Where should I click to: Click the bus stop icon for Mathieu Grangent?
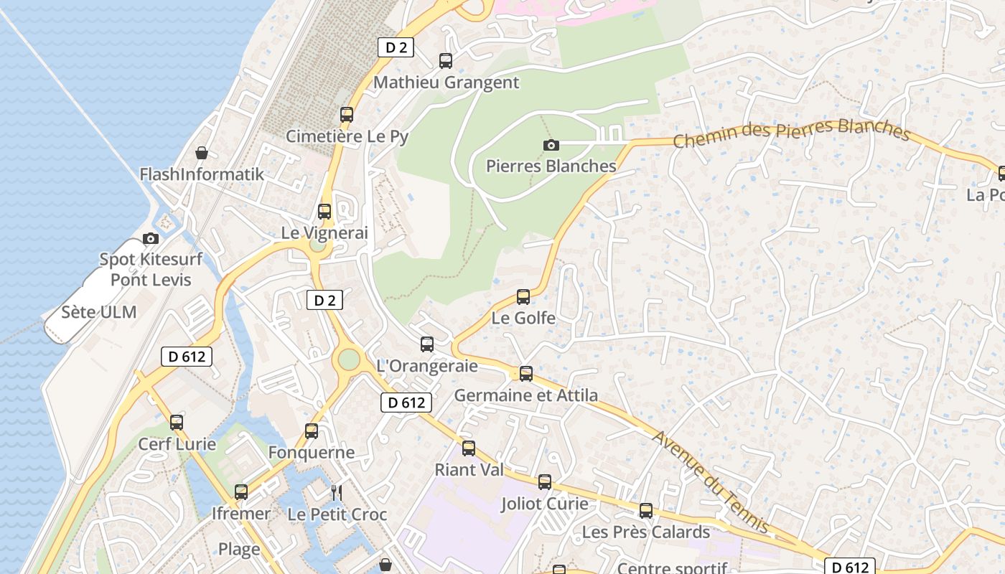(446, 61)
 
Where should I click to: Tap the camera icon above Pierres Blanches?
(551, 146)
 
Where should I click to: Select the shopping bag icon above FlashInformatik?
(202, 153)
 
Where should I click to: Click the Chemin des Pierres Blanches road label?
(791, 133)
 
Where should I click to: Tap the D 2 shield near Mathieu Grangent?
(396, 47)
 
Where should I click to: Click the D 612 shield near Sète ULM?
(187, 356)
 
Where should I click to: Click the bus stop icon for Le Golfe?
(523, 296)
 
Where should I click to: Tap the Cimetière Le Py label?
(347, 136)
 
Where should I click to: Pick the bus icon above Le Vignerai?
(324, 212)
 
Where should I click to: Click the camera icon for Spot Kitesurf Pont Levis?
(151, 238)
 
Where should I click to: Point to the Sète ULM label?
(98, 312)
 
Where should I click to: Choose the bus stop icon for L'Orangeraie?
(427, 344)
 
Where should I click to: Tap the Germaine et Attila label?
(525, 395)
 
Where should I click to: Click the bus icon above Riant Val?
(469, 448)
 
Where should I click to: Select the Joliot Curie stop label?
(544, 504)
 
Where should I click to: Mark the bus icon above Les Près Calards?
(646, 511)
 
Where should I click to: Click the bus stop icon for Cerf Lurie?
(177, 423)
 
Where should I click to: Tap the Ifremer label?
(240, 514)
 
